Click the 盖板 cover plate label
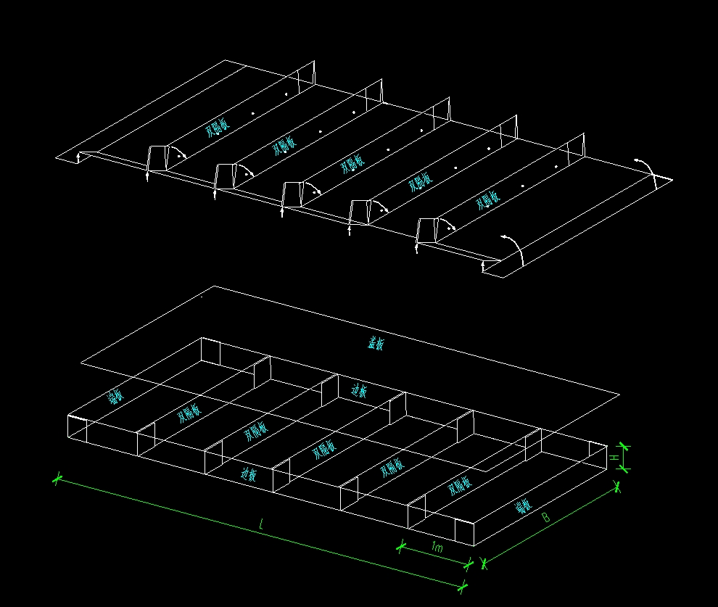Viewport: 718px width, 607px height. coord(376,343)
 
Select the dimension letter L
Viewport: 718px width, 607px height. coord(261,525)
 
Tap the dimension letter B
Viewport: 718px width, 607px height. coord(545,518)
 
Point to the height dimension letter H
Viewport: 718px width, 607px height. coord(614,458)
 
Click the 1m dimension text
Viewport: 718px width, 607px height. coord(436,548)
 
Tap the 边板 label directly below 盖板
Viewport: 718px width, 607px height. coord(359,392)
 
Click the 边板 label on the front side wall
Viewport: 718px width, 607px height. coord(249,475)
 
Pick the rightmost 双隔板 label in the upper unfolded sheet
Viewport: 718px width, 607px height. coord(487,201)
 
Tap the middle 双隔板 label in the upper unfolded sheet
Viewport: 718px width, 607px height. coord(352,164)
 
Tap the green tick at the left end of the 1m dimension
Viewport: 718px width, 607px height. coord(400,546)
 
